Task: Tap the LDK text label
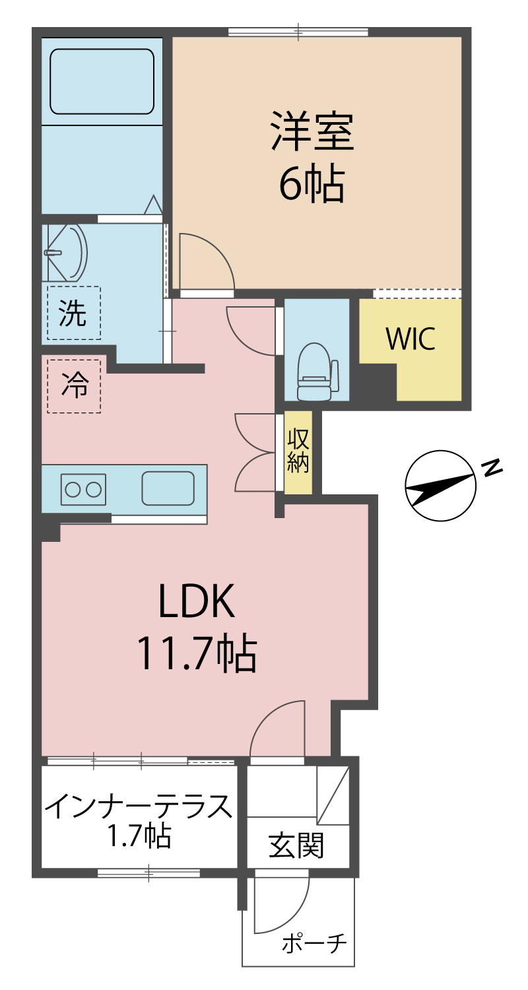pyautogui.click(x=196, y=601)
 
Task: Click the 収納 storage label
pyautogui.click(x=298, y=452)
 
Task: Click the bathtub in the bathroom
pyautogui.click(x=102, y=81)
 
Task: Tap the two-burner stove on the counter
pyautogui.click(x=83, y=489)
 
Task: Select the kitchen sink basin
pyautogui.click(x=168, y=488)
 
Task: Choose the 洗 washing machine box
pyautogui.click(x=73, y=313)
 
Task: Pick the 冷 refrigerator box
pyautogui.click(x=74, y=386)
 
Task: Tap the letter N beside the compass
pyautogui.click(x=492, y=467)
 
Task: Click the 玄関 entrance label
pyautogui.click(x=296, y=845)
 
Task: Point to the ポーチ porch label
pyautogui.click(x=314, y=944)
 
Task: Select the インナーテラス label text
pyautogui.click(x=139, y=807)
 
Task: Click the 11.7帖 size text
pyautogui.click(x=196, y=653)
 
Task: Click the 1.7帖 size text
pyautogui.click(x=139, y=836)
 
